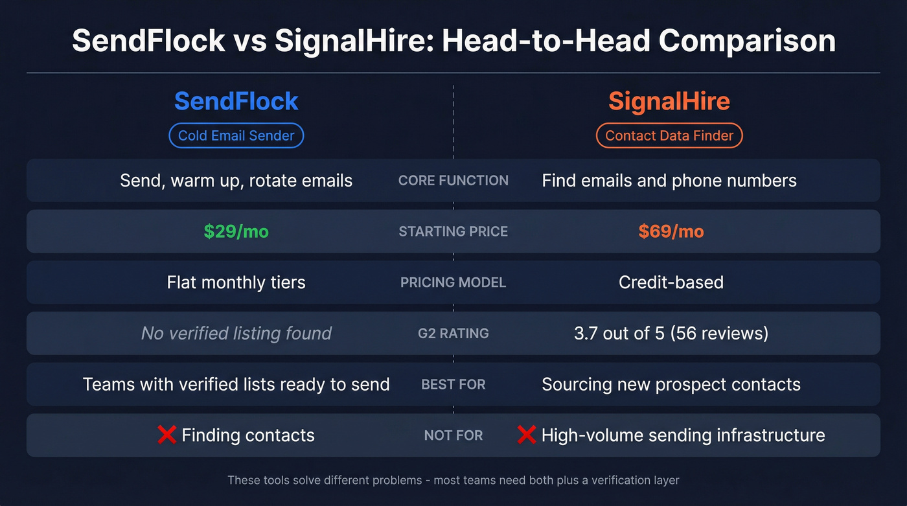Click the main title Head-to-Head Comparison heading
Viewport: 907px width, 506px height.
(454, 40)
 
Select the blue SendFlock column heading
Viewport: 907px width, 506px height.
(236, 101)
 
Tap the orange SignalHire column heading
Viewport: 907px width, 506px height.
(669, 101)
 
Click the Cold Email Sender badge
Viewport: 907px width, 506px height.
(236, 135)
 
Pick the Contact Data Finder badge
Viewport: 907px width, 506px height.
(669, 135)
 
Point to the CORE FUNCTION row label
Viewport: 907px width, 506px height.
(454, 180)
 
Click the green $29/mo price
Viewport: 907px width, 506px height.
(236, 231)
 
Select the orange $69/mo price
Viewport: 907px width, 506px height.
(671, 231)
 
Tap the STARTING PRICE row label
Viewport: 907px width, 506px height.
(454, 231)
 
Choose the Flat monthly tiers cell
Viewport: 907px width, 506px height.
(236, 282)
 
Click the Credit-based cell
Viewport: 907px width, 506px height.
(671, 282)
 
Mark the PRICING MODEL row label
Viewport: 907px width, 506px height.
(454, 282)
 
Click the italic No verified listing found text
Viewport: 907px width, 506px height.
(236, 333)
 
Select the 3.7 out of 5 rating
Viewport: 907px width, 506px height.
(671, 333)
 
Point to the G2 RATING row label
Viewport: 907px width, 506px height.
(454, 333)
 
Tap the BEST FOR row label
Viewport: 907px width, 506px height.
(454, 384)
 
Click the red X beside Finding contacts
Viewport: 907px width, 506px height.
(167, 435)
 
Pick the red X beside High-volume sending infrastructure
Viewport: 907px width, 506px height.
(526, 435)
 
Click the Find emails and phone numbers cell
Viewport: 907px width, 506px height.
(669, 180)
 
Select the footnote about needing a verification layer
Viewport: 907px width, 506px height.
(454, 480)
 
